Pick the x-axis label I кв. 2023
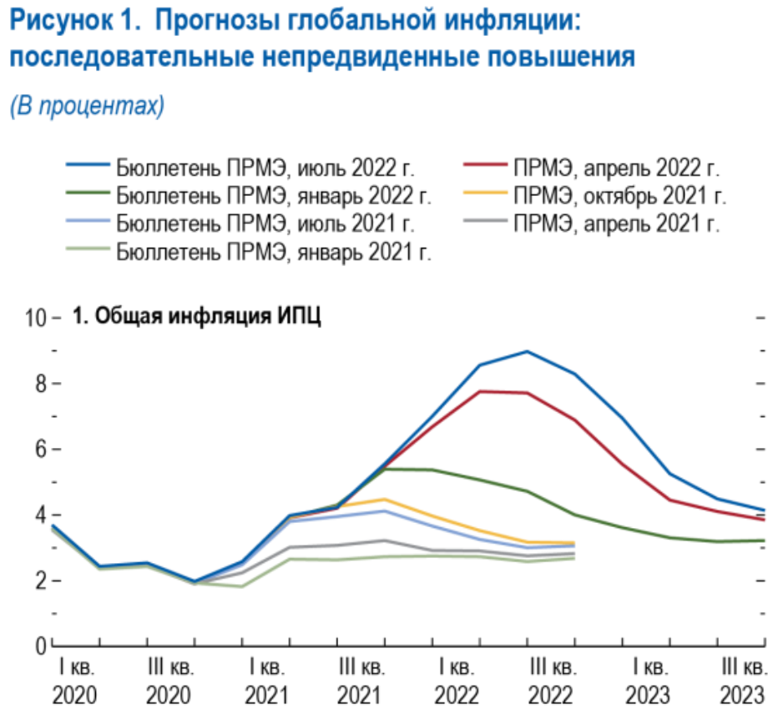tap(647, 682)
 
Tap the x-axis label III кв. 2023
tap(742, 682)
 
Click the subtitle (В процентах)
tap(87, 107)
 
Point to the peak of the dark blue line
tap(528, 351)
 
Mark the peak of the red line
tap(481, 391)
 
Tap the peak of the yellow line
tap(385, 499)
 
